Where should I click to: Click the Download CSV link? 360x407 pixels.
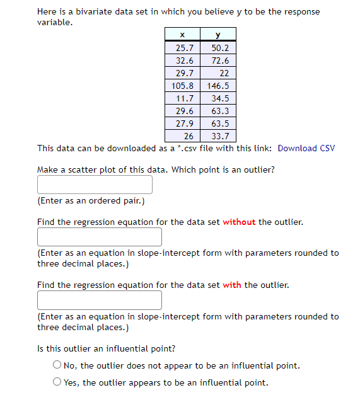coord(306,149)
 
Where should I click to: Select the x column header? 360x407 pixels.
coord(182,35)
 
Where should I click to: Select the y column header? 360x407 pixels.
coord(218,35)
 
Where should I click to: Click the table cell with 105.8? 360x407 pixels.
coord(182,86)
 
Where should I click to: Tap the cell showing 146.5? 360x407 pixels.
coord(218,86)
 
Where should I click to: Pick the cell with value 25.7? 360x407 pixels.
coord(183,48)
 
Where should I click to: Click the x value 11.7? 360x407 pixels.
coord(184,98)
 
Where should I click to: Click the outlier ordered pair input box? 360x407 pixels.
coord(95,185)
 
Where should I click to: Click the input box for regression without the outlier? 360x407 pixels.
coord(99,237)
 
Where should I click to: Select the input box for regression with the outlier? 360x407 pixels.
coord(99,300)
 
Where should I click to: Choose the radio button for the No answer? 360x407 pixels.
coord(57,365)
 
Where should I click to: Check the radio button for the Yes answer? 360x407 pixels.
coord(57,382)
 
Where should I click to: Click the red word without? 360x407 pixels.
coord(239,222)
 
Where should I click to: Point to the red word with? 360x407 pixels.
coord(232,285)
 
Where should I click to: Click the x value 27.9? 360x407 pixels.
coord(184,123)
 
